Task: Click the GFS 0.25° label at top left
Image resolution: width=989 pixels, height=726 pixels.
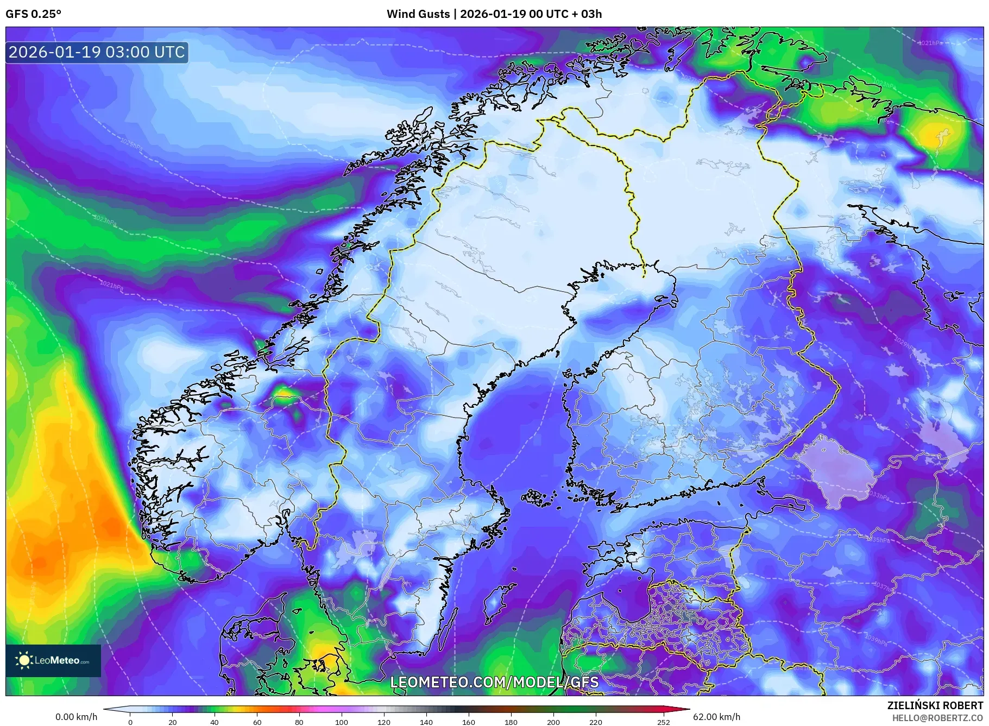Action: click(33, 14)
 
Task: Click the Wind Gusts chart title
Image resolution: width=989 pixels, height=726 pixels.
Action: click(494, 14)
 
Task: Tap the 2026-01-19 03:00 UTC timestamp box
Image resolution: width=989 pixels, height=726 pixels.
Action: click(97, 52)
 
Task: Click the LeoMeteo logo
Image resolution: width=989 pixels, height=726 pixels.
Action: click(53, 660)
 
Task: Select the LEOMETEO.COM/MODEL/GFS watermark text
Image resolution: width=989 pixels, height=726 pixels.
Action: click(494, 682)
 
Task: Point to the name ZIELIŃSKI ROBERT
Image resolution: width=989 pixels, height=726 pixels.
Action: click(935, 705)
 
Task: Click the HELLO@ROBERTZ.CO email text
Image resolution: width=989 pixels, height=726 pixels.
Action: click(937, 718)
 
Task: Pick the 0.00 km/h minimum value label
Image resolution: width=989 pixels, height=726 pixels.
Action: click(77, 717)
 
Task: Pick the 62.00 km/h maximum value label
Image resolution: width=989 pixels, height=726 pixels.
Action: click(716, 717)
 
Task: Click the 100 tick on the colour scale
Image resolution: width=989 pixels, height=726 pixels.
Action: click(341, 722)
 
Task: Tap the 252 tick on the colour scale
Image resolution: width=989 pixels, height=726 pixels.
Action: click(664, 722)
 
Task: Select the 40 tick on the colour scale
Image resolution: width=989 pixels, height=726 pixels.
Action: click(215, 722)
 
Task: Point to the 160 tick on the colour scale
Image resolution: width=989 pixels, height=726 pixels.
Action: click(468, 722)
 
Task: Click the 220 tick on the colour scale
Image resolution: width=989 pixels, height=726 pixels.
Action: click(595, 722)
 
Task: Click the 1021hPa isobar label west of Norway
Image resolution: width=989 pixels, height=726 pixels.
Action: click(111, 284)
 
